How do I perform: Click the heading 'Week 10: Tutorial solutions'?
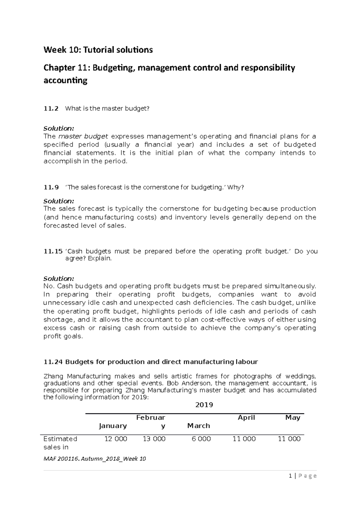click(98, 50)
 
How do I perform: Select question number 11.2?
click(51, 109)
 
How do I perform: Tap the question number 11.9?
click(51, 187)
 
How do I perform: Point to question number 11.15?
click(53, 251)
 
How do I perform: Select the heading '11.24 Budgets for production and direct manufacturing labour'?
click(151, 362)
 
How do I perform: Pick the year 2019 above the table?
click(204, 405)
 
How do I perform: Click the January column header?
click(113, 426)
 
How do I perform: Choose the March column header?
click(198, 426)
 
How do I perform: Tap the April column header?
click(246, 418)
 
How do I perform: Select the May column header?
click(293, 418)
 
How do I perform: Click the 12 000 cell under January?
click(115, 439)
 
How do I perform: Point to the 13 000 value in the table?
click(154, 439)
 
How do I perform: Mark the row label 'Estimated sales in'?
click(60, 443)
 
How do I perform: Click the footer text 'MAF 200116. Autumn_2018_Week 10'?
click(94, 459)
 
